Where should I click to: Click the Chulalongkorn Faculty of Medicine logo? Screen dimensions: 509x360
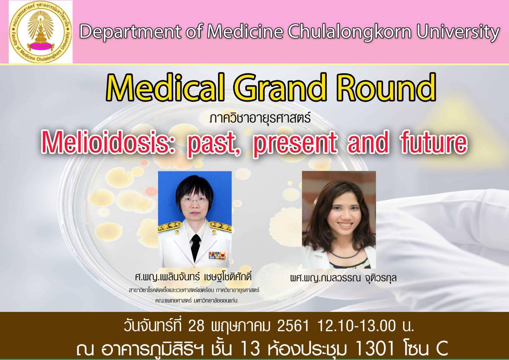tap(40, 32)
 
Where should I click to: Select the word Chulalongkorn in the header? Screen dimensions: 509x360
tap(350, 32)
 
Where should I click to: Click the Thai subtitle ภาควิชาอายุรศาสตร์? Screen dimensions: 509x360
tap(260, 118)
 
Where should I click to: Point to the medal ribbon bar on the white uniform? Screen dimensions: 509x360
tap(217, 255)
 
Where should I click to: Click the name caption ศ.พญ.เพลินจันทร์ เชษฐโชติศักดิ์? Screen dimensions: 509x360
tap(193, 277)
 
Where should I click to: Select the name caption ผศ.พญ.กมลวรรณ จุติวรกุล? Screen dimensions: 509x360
tap(343, 278)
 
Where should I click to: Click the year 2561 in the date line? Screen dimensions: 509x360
tap(293, 327)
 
